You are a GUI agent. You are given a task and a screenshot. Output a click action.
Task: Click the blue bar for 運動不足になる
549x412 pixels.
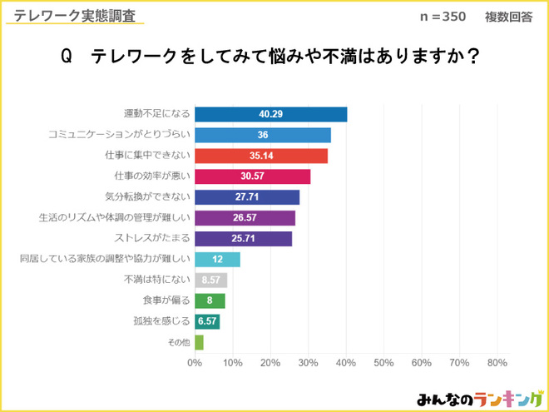tap(270, 115)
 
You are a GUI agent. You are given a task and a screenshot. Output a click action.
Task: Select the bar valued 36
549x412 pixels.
tap(262, 136)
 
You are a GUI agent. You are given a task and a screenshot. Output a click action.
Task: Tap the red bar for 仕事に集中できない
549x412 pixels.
tap(260, 156)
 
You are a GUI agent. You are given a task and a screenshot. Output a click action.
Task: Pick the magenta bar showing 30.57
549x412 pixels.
tap(252, 176)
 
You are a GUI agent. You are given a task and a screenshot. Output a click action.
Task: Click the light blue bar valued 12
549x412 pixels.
tap(217, 259)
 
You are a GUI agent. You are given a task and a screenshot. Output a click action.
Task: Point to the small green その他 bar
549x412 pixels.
tap(199, 341)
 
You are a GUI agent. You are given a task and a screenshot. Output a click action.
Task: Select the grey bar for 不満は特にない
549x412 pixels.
tap(210, 280)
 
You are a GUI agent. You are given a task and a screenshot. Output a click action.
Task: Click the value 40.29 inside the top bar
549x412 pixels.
tap(272, 115)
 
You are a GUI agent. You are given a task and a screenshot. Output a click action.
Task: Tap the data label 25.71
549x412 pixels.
tap(245, 239)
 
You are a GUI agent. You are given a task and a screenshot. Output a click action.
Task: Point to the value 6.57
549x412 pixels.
tap(207, 321)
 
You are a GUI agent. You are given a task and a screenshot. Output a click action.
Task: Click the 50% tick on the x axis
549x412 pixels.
tap(383, 363)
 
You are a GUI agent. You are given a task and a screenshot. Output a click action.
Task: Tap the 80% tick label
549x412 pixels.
tap(497, 363)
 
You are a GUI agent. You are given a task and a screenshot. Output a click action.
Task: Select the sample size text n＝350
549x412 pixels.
tap(443, 17)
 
